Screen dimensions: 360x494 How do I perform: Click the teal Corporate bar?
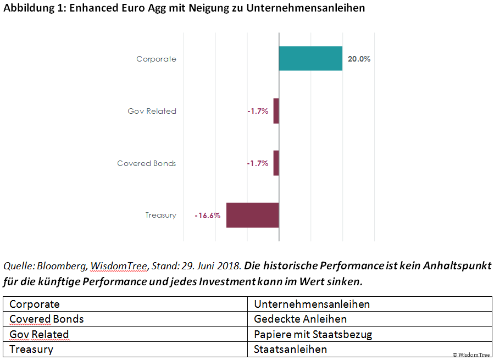(310, 59)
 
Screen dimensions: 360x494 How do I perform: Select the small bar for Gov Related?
(276, 111)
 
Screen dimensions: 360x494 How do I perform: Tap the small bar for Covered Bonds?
(276, 163)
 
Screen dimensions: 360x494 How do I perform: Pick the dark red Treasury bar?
(252, 215)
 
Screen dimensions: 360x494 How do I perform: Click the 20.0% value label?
(359, 59)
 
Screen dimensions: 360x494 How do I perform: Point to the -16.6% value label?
(207, 216)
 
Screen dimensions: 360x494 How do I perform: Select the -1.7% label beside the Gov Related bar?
(257, 111)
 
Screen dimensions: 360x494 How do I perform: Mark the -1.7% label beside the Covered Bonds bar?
(257, 163)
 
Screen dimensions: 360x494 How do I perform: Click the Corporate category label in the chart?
(156, 59)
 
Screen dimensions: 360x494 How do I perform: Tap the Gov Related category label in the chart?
(152, 111)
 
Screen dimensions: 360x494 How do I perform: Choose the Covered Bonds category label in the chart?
(147, 163)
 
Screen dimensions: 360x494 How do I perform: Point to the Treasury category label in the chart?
(160, 215)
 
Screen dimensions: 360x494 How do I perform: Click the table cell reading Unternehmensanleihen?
(312, 304)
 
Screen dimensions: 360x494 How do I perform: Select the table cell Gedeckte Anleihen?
(300, 319)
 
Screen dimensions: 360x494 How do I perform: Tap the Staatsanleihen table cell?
(290, 349)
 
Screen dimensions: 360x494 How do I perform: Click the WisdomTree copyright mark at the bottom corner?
(471, 355)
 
